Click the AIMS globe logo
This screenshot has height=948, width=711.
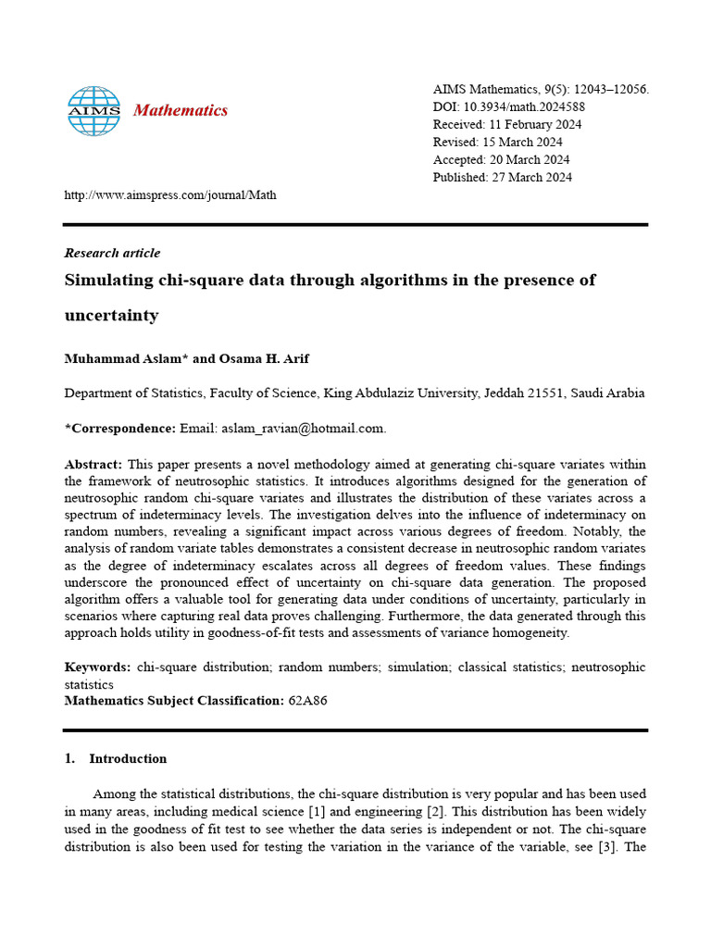tap(94, 110)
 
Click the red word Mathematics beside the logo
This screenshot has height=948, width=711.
tap(181, 111)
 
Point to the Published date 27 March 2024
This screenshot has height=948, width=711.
tap(530, 177)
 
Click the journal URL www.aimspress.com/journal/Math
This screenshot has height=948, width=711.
tap(170, 195)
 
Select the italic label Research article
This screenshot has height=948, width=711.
tap(112, 253)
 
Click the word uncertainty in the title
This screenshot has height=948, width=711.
tap(111, 316)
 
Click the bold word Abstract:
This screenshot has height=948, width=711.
tap(93, 464)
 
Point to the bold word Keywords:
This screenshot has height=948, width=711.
tap(97, 667)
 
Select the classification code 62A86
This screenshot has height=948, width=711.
tap(307, 701)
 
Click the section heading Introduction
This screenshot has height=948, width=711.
tap(128, 758)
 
